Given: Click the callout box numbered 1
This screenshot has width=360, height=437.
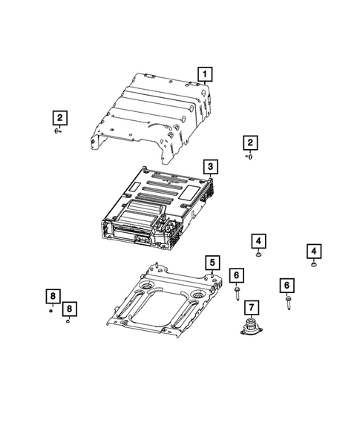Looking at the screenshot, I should click(203, 73).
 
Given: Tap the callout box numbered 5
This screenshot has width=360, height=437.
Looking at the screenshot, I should click(212, 262).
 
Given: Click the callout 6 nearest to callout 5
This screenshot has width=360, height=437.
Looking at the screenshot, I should click(236, 276).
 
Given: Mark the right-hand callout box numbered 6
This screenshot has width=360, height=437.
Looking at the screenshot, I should click(286, 284).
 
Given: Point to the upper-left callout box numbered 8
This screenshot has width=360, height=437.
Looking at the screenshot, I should click(52, 297).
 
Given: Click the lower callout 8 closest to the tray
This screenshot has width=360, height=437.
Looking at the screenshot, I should click(69, 308).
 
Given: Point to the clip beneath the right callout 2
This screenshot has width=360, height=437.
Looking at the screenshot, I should click(250, 156).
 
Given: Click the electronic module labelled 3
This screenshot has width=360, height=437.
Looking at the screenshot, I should click(156, 208).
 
